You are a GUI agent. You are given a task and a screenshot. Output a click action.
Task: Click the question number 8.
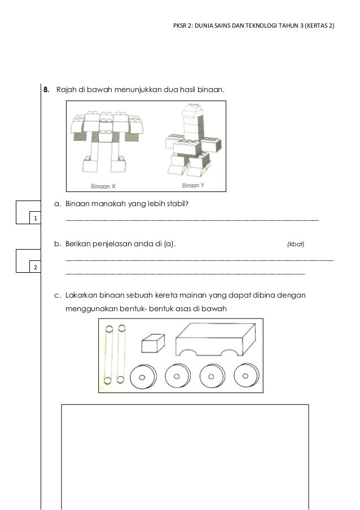46,89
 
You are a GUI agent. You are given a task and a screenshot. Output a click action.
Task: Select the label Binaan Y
193,185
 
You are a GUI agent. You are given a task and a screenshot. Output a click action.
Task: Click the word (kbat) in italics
296,245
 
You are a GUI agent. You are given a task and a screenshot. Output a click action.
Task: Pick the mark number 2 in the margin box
35,267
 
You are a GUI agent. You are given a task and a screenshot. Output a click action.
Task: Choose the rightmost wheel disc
245,374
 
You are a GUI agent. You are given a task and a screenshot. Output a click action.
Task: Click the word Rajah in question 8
64,89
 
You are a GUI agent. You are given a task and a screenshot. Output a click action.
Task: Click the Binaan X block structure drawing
106,141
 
